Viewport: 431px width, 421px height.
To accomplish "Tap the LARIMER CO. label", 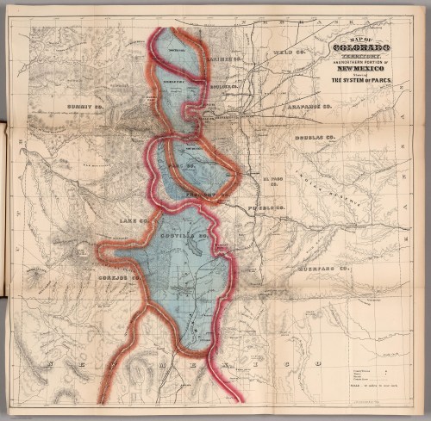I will point(221,59).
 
